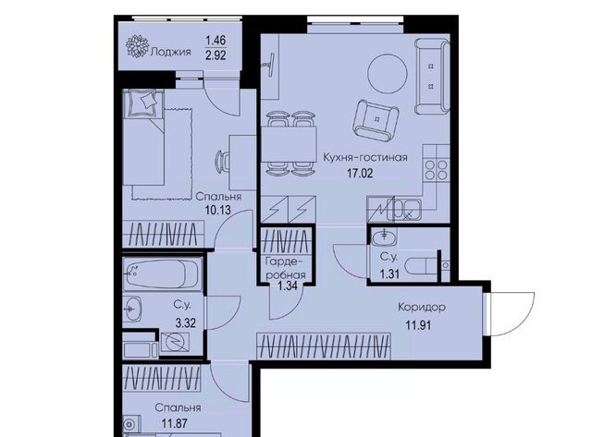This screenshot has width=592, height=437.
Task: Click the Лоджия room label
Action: (x=170, y=52)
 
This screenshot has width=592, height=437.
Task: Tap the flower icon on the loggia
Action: (x=137, y=46)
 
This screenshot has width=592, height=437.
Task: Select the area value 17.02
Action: (x=360, y=174)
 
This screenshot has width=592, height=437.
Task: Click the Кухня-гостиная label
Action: (x=365, y=157)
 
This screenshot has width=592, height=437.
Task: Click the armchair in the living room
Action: (x=376, y=120)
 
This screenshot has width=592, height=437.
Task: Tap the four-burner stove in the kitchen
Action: (x=436, y=170)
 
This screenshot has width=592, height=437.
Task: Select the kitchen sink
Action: (x=407, y=209)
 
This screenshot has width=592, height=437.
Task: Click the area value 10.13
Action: (x=218, y=210)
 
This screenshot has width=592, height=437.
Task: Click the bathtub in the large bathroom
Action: (x=163, y=273)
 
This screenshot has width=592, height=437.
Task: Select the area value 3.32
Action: (x=186, y=322)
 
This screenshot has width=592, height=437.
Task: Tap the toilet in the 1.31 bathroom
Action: (x=420, y=265)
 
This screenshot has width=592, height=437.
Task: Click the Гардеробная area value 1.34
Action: (x=288, y=285)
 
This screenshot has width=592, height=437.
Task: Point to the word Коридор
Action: (x=422, y=308)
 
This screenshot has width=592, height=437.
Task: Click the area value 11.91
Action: (x=418, y=324)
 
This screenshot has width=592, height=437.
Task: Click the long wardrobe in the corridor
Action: (x=324, y=346)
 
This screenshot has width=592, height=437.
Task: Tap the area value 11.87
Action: (x=175, y=423)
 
